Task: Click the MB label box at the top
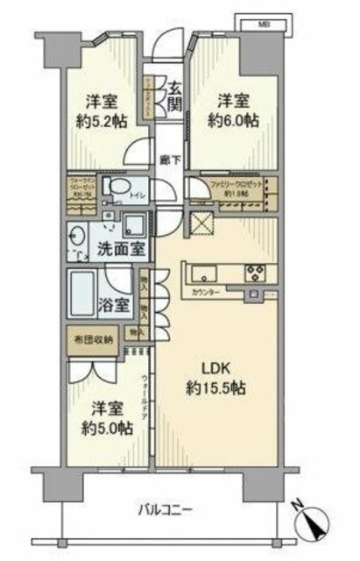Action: click(264, 24)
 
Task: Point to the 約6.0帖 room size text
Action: click(230, 117)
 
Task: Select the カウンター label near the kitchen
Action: click(229, 290)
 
